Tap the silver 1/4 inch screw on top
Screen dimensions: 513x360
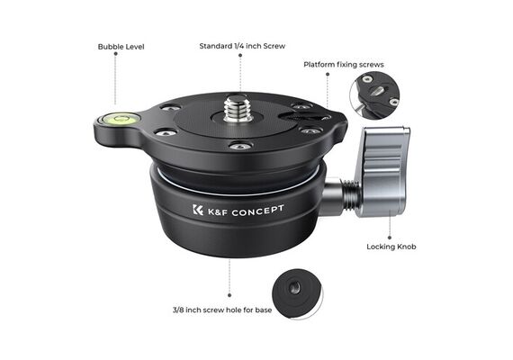pos(237,108)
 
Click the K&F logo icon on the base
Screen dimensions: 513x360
pos(198,210)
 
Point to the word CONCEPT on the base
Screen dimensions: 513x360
pos(257,211)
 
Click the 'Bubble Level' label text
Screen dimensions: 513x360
pos(121,47)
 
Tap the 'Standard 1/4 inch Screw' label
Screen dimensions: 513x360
pos(242,46)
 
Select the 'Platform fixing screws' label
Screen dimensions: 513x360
pos(344,65)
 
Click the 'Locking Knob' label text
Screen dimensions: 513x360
pos(391,247)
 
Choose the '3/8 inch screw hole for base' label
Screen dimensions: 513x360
pos(222,310)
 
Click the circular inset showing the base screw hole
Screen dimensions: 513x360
pos(297,294)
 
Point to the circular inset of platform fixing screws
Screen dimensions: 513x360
pos(374,95)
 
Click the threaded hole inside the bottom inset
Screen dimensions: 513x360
pos(294,288)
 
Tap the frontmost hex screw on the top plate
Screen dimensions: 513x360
pos(240,146)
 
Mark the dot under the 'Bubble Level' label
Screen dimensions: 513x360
pos(115,54)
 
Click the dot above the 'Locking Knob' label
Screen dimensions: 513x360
pos(390,238)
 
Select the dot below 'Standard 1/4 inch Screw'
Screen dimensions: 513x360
pos(240,55)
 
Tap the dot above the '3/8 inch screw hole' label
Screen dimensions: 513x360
pos(229,295)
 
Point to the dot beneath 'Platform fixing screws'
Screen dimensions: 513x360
pos(328,74)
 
